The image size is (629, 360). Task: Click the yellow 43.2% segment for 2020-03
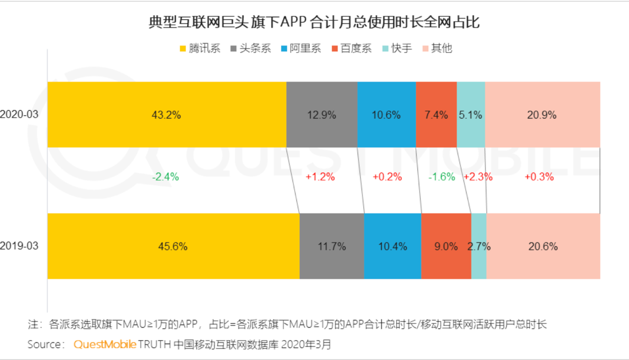coord(166,115)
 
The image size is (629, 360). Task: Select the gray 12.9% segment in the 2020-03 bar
coord(321,115)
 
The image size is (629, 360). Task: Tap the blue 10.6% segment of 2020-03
coord(386,115)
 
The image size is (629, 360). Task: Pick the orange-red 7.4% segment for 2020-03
coord(436,115)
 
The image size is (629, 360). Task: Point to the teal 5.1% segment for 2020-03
coord(471,115)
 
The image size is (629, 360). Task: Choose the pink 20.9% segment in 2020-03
coord(542,115)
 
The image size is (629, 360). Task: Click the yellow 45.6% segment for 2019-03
coord(173,246)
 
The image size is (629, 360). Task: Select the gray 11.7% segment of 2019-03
coord(331,246)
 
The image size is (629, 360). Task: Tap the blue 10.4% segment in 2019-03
coord(392,246)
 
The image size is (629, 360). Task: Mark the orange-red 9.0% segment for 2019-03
coord(446,246)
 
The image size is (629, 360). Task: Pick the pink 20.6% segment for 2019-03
coord(543,246)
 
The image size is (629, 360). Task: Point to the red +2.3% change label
coord(478,177)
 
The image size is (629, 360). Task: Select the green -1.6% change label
coord(441,177)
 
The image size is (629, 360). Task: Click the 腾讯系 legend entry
coord(200,49)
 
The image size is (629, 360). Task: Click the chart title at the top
coord(314,22)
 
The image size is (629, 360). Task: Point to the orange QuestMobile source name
coord(105,344)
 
